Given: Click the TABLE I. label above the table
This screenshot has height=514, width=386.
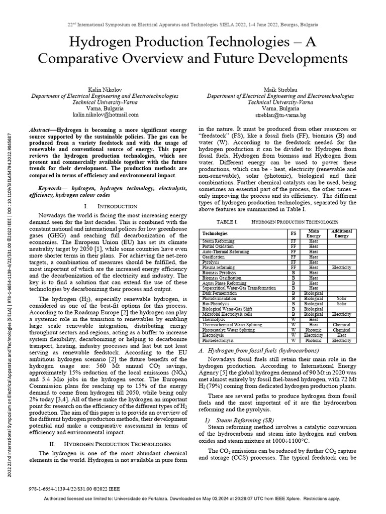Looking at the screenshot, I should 227,221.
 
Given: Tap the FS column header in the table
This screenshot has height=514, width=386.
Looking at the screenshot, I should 293,234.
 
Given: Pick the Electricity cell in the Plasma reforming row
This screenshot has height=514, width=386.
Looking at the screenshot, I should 341,268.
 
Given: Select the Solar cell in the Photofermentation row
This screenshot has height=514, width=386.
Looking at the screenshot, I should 341,298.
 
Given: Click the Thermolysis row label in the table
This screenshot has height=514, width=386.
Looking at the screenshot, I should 214,319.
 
